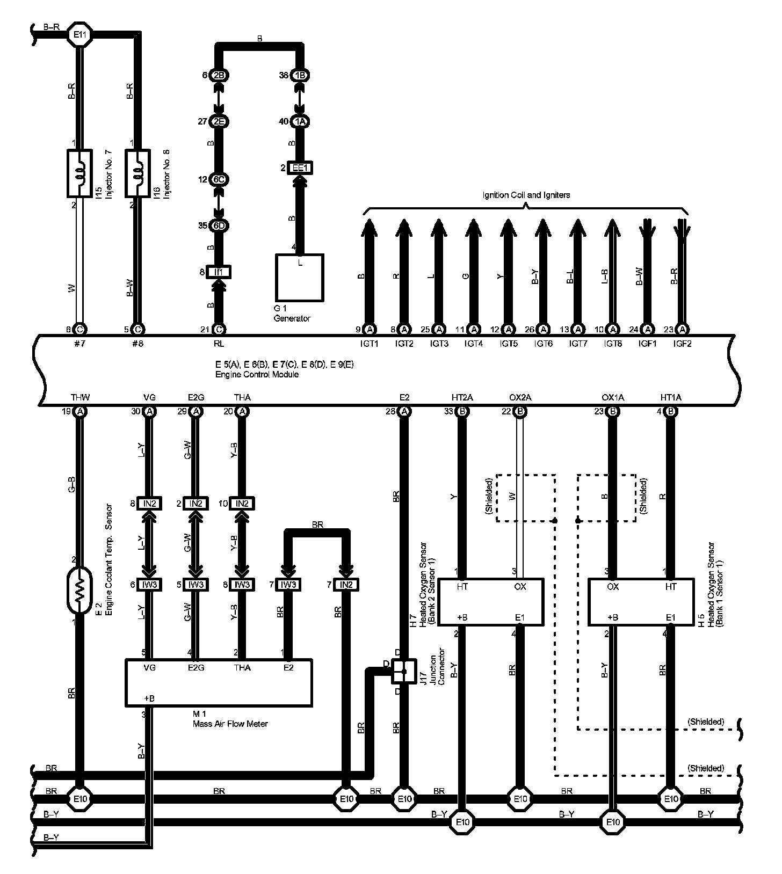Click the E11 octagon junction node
click(81, 35)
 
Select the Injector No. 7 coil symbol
click(79, 173)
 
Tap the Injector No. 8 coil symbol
click(137, 173)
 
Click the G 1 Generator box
click(299, 277)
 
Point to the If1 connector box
click(219, 272)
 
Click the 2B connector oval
click(219, 75)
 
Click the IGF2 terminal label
click(682, 344)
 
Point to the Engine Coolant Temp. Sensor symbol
click(79, 590)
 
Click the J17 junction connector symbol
click(404, 671)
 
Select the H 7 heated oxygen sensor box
click(490, 601)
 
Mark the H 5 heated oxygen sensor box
click(641, 601)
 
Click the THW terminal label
click(80, 398)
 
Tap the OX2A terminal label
click(520, 398)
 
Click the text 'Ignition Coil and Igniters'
click(526, 195)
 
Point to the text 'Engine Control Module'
click(257, 374)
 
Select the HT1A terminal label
click(670, 398)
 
